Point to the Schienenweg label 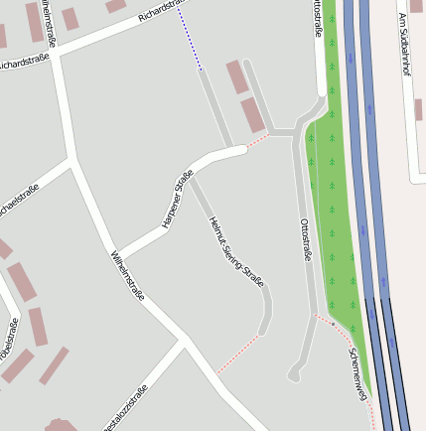358,372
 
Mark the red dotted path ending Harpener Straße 257,143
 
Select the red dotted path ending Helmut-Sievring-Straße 238,353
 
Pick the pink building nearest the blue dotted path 237,77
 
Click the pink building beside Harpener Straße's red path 254,115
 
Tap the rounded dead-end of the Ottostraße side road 294,375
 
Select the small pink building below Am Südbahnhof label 419,109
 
